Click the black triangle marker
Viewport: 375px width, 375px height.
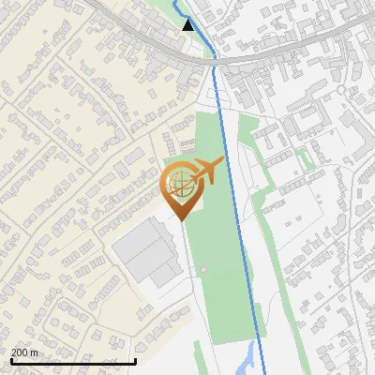pos(188,25)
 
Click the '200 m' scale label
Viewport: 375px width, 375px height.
pos(24,352)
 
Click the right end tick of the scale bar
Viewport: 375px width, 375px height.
pos(136,359)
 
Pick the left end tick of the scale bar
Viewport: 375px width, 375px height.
pos(11,359)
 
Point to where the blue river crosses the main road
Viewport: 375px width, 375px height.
pos(215,58)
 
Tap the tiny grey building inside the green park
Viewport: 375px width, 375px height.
pos(200,273)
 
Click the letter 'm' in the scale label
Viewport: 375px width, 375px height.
pos(35,352)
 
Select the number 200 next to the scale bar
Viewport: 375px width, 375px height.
pos(20,352)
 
